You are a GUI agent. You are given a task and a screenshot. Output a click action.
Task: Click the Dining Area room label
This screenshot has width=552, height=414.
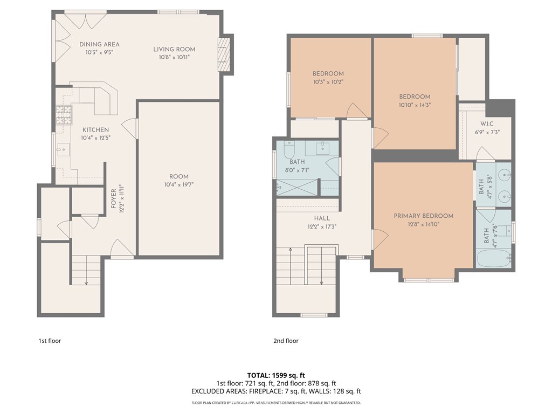click(x=99, y=44)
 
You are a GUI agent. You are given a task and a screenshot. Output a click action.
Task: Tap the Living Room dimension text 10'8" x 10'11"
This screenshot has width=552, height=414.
click(x=174, y=57)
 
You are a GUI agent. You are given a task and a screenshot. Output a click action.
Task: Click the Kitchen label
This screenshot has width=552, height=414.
click(x=95, y=130)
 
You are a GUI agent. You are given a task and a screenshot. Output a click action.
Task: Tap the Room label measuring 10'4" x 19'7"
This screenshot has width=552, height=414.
click(x=178, y=177)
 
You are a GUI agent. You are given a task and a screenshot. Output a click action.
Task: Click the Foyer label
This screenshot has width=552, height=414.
click(x=113, y=198)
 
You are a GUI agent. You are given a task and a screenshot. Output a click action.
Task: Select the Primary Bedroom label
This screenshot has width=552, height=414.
click(x=423, y=216)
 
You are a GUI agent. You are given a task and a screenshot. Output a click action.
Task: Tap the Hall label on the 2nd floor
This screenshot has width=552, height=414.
click(x=322, y=218)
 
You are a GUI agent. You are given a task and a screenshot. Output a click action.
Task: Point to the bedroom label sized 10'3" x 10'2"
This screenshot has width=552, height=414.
click(x=328, y=74)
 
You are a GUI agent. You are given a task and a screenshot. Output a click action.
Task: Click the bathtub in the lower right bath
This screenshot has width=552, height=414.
click(x=493, y=259)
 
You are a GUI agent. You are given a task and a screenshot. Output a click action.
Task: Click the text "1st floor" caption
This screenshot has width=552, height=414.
click(x=53, y=341)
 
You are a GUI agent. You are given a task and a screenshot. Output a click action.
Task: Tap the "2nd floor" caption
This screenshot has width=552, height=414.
click(x=286, y=341)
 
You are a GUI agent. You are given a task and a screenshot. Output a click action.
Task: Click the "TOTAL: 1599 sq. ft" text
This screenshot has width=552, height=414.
click(x=275, y=375)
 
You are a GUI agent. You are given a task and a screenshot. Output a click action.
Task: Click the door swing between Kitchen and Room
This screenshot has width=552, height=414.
click(x=129, y=128)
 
